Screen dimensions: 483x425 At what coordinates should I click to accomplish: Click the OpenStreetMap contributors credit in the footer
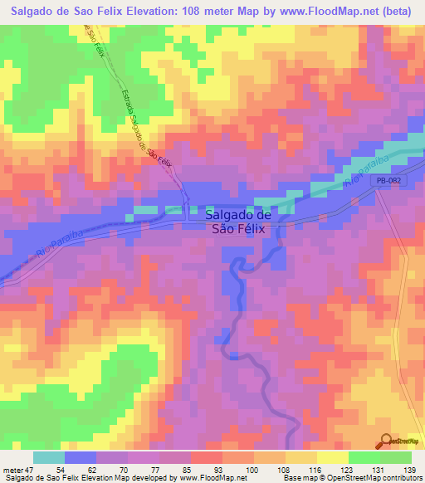[x=376, y=478]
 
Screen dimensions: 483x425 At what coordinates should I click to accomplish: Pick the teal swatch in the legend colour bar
[x=49, y=457]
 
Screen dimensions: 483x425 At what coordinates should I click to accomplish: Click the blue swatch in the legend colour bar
[x=81, y=457]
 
